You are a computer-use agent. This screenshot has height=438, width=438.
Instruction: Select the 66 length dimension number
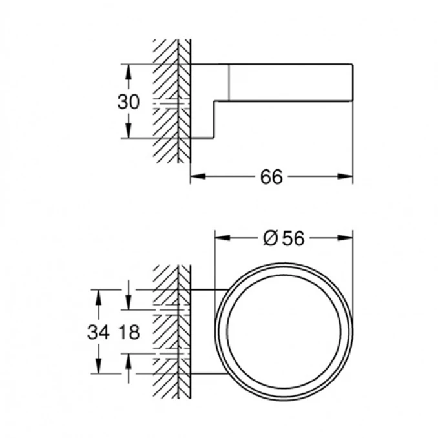pos(272,176)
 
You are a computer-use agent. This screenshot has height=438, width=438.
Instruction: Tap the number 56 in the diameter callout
pos(293,238)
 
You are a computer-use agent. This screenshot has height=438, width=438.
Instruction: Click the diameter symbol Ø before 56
pos(271,238)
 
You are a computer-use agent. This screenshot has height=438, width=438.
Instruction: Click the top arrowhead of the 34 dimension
pos(98,296)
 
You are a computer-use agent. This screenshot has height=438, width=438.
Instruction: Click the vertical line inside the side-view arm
pos(229,82)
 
